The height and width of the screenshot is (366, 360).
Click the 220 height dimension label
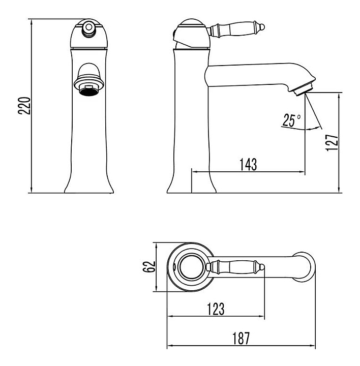[24, 106]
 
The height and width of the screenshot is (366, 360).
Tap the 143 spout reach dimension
[248, 164]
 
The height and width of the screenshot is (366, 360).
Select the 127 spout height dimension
[332, 143]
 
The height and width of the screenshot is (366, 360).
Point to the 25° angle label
[291, 120]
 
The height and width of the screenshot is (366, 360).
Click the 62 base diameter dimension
[148, 267]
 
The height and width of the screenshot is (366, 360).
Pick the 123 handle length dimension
[216, 309]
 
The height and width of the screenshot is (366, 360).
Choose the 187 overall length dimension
[241, 338]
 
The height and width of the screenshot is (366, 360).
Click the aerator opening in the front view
[88, 91]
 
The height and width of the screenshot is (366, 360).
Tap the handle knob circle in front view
[88, 27]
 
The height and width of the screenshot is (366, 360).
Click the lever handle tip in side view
[262, 27]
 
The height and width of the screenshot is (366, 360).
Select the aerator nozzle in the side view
[304, 89]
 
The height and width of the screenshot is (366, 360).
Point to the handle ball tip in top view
[262, 267]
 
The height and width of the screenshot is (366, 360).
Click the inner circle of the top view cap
[191, 267]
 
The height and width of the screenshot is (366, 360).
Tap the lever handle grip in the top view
[235, 267]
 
